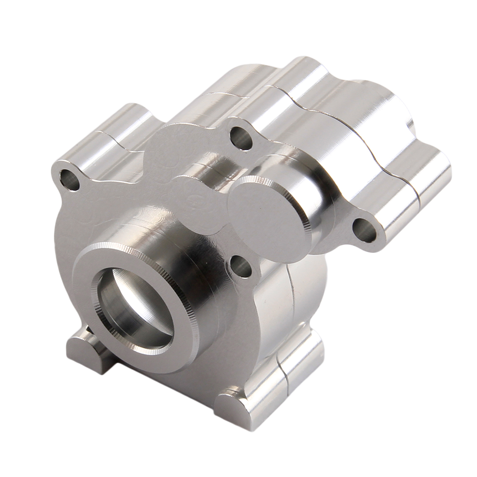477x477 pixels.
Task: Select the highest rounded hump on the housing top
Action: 305,72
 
